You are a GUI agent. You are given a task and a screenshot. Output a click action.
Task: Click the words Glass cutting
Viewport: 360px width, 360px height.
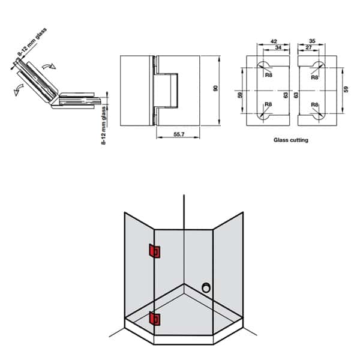click(290, 140)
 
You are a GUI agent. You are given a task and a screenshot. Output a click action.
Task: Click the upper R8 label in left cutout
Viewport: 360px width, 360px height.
click(269, 76)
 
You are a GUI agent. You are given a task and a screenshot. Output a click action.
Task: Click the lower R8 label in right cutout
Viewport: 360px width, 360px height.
click(314, 104)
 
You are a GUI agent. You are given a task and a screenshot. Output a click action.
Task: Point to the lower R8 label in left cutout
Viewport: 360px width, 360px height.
click(269, 104)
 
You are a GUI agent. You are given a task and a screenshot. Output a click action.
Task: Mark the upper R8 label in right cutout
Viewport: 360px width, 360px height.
click(314, 76)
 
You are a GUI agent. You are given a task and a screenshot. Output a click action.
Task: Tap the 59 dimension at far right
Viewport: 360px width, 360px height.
click(345, 89)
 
